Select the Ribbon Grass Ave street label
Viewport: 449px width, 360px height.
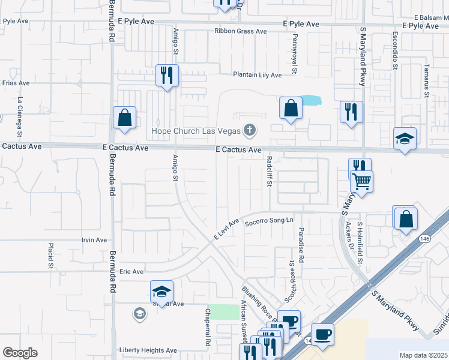(x=241, y=31)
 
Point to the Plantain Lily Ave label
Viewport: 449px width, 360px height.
(x=258, y=75)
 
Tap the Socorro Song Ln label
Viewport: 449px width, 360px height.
(x=268, y=220)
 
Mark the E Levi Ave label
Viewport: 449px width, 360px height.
(x=227, y=229)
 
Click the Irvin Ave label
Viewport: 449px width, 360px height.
(x=94, y=240)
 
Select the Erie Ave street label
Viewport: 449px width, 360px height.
(x=132, y=272)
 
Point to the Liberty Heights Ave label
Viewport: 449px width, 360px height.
(x=148, y=350)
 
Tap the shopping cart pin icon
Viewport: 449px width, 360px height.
(x=362, y=181)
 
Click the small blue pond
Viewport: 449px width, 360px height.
(x=309, y=100)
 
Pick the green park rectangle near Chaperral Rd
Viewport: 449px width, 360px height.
(x=224, y=312)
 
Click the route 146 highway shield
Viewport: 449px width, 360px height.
(x=424, y=238)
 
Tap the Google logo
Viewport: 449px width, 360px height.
(x=20, y=353)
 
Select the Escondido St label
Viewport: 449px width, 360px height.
(x=396, y=52)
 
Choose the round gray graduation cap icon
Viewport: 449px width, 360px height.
(x=139, y=313)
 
